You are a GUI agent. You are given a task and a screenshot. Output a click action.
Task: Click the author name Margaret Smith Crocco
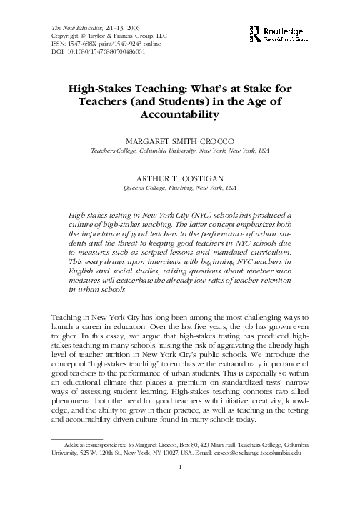pos(180,141)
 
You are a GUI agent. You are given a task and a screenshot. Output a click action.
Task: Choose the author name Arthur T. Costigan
pos(180,179)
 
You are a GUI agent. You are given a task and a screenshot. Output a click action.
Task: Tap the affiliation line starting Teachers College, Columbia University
pos(180,151)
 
